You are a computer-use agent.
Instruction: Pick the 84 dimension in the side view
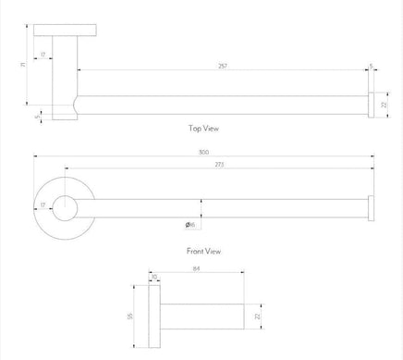tap(197, 271)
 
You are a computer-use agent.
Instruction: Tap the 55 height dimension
tap(131, 317)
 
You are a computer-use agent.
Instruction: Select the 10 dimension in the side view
tap(153, 277)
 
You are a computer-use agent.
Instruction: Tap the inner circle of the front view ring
tap(64, 210)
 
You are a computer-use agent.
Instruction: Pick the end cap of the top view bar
tap(371, 106)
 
